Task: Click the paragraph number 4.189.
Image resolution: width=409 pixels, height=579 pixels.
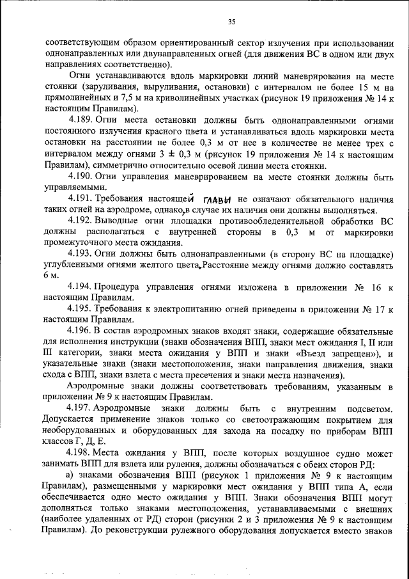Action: [81, 120]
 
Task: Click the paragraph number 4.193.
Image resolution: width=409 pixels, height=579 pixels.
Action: [81, 253]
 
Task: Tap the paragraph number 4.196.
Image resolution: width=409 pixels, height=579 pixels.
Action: [81, 330]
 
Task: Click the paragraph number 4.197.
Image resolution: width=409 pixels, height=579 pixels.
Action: [81, 407]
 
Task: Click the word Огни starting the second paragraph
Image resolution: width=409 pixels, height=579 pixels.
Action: [79, 75]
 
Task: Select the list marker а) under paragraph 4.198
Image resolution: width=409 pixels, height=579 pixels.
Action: [72, 473]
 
